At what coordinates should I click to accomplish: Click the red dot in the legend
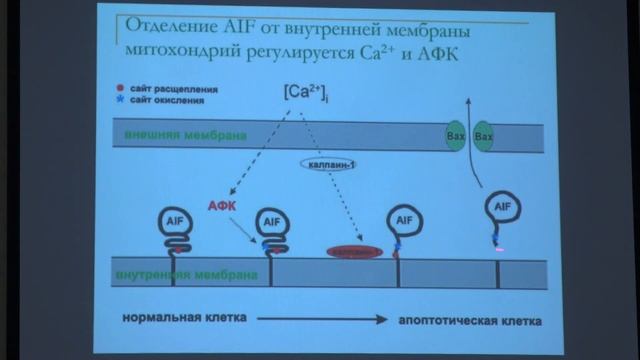(x=120, y=89)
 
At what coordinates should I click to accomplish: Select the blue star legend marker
(x=120, y=100)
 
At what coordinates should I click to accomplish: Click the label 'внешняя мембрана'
(x=183, y=135)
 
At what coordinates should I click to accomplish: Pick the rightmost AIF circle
(x=503, y=208)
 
